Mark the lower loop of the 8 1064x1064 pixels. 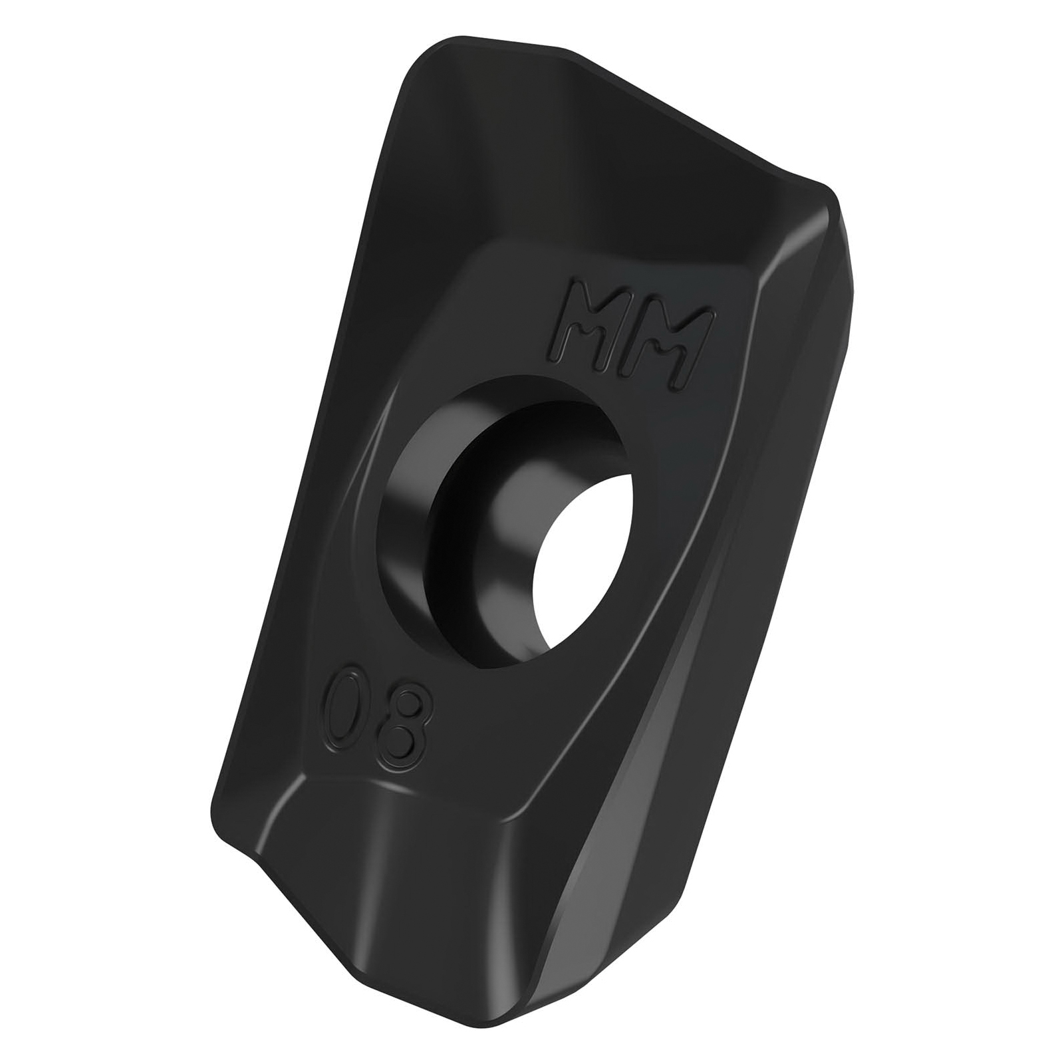(396, 747)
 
